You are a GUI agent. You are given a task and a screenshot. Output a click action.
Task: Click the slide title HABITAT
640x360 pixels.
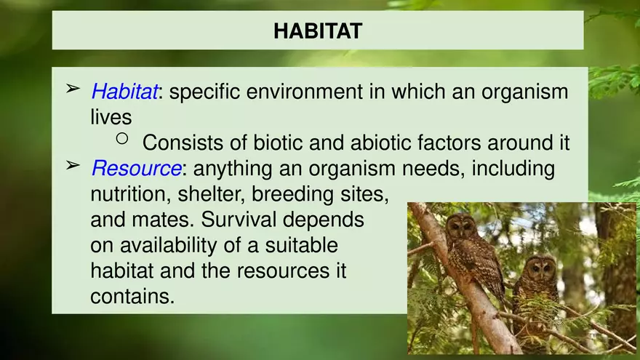318,31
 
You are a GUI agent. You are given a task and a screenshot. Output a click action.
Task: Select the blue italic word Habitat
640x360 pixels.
124,92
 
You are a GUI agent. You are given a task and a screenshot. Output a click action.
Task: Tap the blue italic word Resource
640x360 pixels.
136,169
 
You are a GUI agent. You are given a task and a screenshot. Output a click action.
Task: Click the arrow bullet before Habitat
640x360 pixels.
73,89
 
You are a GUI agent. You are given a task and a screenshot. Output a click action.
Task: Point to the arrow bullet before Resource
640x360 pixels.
73,165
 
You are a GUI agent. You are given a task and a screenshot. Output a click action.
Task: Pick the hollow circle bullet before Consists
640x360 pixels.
122,137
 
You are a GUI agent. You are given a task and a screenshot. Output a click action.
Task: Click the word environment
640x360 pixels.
303,92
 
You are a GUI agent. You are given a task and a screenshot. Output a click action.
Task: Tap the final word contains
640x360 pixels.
132,297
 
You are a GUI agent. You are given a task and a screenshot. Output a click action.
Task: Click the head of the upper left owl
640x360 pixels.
461,225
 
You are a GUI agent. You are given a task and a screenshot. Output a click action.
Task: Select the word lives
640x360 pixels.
111,117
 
